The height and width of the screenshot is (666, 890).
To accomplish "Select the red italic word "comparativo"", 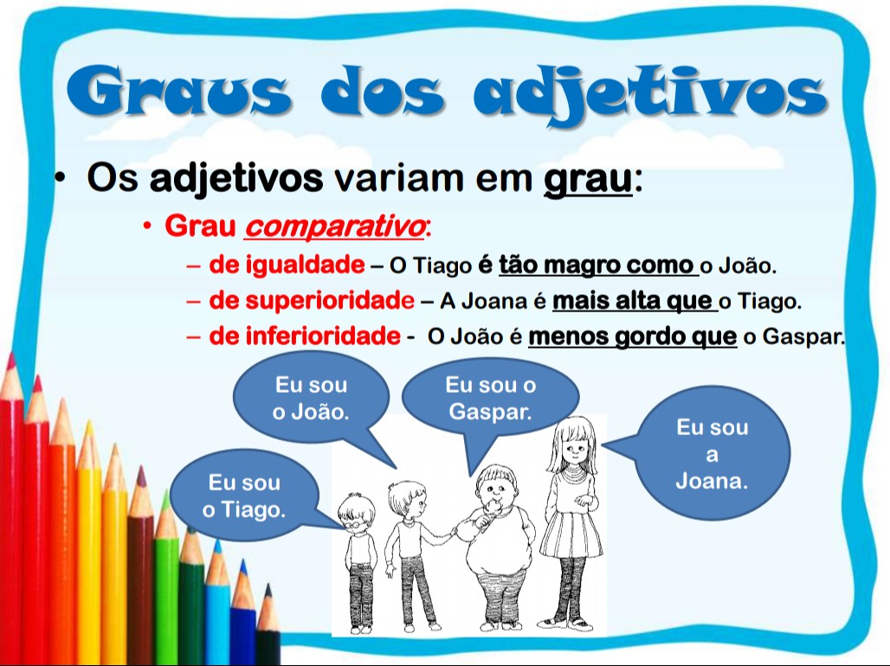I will [x=334, y=227].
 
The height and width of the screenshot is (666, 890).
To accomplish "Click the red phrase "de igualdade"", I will [x=287, y=264].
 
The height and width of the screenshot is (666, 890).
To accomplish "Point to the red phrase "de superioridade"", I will [x=312, y=301].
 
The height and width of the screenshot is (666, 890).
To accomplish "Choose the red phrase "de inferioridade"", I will [x=304, y=336].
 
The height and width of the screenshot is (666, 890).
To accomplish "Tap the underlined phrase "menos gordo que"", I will [x=632, y=336].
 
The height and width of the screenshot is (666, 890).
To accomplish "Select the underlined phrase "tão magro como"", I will [x=597, y=264].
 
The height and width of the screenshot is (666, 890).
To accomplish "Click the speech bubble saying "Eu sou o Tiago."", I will [x=244, y=496].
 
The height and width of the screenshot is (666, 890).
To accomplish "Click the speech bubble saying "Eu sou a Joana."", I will [x=712, y=453].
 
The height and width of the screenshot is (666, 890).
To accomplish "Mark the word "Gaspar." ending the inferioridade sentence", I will [x=803, y=337].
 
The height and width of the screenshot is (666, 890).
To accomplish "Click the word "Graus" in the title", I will [x=177, y=93].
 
